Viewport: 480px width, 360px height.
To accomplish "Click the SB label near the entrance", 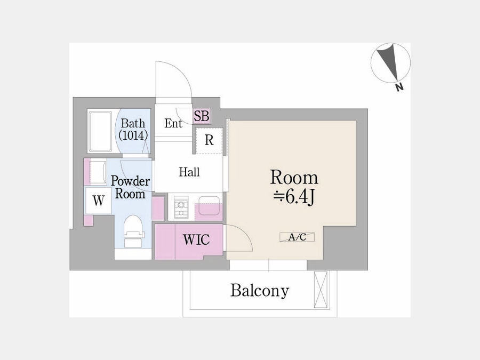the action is click(202, 116).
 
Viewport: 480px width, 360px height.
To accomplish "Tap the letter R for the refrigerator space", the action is click(209, 140).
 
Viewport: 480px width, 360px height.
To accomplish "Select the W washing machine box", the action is click(98, 201).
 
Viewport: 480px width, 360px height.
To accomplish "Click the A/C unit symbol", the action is click(297, 237).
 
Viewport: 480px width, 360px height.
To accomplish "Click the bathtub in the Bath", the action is click(100, 132).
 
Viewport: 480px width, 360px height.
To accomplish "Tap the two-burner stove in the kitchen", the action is click(181, 207).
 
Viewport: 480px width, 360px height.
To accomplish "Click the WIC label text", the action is click(196, 239).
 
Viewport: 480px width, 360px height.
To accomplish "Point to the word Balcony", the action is click(260, 291).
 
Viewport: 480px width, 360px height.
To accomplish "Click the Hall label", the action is click(189, 172).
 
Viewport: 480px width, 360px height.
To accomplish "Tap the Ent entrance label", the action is click(173, 123).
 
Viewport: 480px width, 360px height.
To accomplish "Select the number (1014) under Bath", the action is click(133, 135).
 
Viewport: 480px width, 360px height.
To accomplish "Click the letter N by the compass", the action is click(399, 87).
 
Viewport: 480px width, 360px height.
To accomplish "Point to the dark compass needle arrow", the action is click(387, 62).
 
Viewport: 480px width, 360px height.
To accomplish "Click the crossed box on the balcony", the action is click(321, 290).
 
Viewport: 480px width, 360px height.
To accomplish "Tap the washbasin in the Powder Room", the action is click(98, 172).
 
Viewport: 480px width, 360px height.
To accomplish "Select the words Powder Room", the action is click(130, 187).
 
